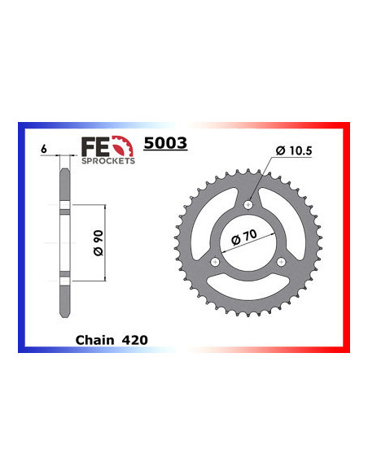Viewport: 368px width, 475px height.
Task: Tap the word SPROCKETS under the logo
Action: pyautogui.click(x=107, y=160)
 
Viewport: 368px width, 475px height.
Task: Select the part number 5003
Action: pyautogui.click(x=165, y=144)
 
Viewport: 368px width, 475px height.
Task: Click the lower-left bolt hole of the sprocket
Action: pyautogui.click(x=215, y=261)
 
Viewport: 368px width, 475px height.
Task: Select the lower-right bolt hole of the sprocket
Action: pyautogui.click(x=282, y=261)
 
